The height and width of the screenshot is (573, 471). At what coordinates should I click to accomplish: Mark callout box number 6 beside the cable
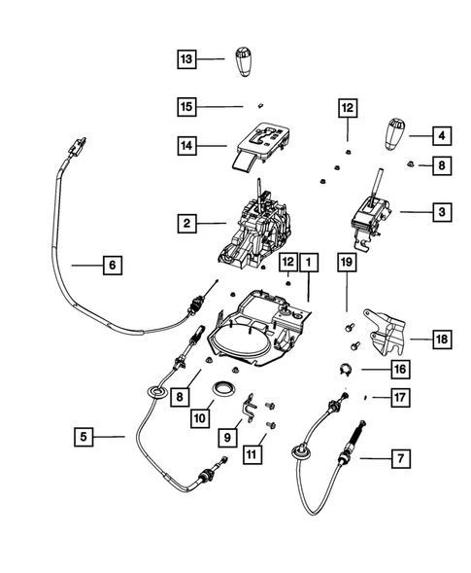tap(110, 264)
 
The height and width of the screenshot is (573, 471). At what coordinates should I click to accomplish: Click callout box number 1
tap(309, 262)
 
